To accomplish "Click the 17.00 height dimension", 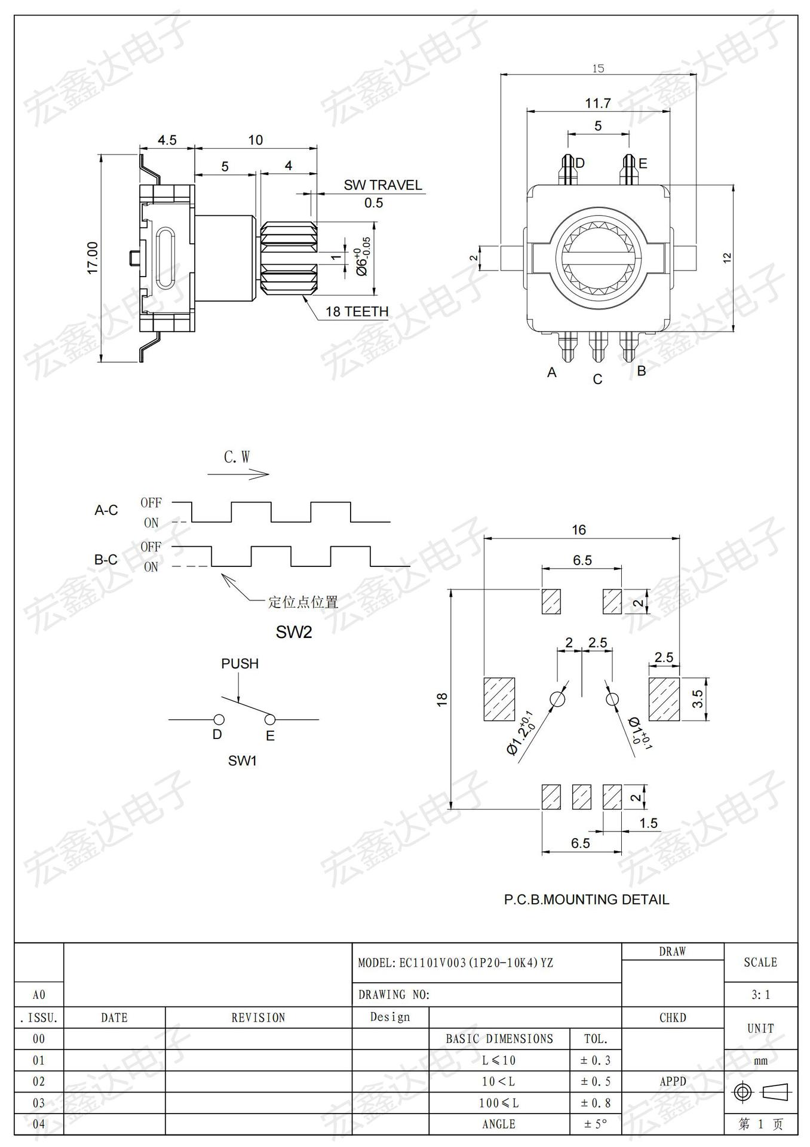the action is click(93, 258).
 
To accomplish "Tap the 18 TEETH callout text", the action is click(357, 311).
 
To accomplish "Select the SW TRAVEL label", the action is click(383, 185).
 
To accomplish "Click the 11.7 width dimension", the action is click(598, 103).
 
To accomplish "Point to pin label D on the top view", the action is click(579, 163).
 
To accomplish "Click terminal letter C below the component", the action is click(597, 379).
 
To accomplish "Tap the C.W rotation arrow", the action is click(238, 474).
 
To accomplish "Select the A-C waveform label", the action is click(106, 510).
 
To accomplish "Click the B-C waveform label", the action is click(106, 560).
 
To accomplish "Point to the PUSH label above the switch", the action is click(240, 664).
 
